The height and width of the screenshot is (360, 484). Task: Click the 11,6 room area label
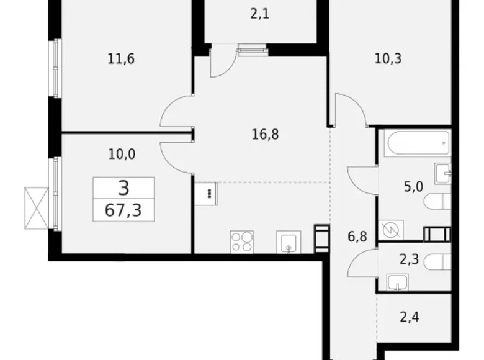click(121, 59)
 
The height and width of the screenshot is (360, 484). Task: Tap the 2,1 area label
click(259, 14)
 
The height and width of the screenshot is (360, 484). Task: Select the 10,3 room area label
click(388, 58)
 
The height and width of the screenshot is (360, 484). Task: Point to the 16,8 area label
click(265, 134)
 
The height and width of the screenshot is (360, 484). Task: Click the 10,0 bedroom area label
click(122, 154)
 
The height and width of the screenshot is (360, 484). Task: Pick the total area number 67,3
click(123, 210)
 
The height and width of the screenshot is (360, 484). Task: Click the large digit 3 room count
click(123, 188)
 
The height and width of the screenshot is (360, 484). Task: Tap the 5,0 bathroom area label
click(413, 187)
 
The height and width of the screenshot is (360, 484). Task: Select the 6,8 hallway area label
click(357, 237)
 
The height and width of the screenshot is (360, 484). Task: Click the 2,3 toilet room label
click(409, 259)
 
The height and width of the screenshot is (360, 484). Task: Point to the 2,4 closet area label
click(410, 317)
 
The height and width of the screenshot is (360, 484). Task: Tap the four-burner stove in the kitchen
click(242, 242)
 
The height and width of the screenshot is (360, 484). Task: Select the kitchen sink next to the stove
click(289, 242)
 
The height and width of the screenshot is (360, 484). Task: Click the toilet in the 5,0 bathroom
click(437, 202)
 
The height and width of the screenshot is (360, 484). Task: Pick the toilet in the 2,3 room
click(437, 262)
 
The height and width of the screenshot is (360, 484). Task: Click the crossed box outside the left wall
click(37, 208)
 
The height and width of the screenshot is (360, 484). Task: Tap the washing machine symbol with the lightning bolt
click(391, 230)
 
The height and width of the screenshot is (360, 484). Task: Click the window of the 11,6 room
click(56, 68)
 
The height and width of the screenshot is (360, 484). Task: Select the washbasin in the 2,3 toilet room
click(398, 282)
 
